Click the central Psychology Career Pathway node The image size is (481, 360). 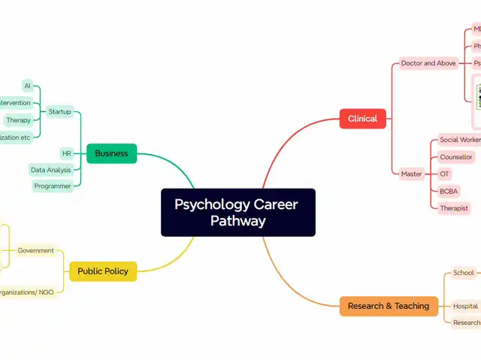[237, 212]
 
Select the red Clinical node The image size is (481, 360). [362, 119]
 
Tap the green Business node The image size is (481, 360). [111, 153]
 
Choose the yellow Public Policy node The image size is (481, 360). [103, 271]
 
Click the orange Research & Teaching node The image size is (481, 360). [389, 306]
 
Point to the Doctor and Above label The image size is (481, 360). [428, 63]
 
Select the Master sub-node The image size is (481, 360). [411, 174]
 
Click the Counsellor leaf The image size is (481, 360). [456, 157]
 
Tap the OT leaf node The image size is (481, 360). [445, 174]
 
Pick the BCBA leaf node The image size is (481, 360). [449, 191]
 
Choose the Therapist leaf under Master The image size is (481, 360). [454, 208]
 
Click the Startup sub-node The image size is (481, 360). [59, 111]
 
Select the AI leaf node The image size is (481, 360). [28, 86]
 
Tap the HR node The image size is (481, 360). [67, 153]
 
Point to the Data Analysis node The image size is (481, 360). [51, 170]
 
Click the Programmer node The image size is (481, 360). [53, 186]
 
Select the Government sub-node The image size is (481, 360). [36, 250]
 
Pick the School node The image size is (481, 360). [464, 273]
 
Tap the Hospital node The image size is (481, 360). [466, 306]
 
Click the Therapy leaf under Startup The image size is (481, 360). [19, 120]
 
